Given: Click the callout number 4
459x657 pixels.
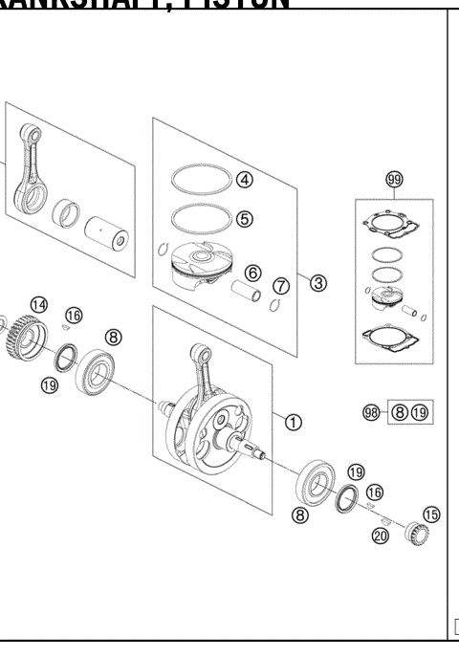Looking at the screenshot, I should tap(245, 179).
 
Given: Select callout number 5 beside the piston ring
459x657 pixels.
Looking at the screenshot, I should tap(245, 219).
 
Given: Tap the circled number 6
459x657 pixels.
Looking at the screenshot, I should tap(252, 274).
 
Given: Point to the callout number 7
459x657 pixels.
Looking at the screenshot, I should tap(281, 286).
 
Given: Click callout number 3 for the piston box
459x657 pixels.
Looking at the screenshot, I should tap(317, 283).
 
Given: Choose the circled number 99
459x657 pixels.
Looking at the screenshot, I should tap(393, 179).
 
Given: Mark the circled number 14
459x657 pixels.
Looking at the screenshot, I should tap(38, 305).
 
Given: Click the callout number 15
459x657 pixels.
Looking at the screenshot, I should tap(431, 515).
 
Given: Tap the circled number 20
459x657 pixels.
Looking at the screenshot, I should tap(380, 537).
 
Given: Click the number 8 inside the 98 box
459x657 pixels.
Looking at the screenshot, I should tap(400, 412).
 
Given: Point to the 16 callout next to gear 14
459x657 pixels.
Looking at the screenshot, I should tap(74, 316).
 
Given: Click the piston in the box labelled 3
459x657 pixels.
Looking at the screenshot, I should tap(191, 268).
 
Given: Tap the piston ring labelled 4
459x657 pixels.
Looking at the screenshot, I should tap(202, 179).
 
